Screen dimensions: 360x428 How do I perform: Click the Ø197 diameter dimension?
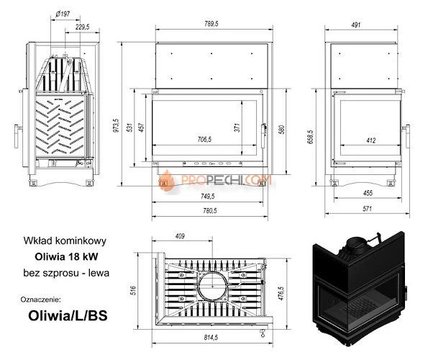pyautogui.click(x=63, y=13)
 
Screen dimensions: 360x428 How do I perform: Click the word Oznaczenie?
pyautogui.click(x=42, y=297)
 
